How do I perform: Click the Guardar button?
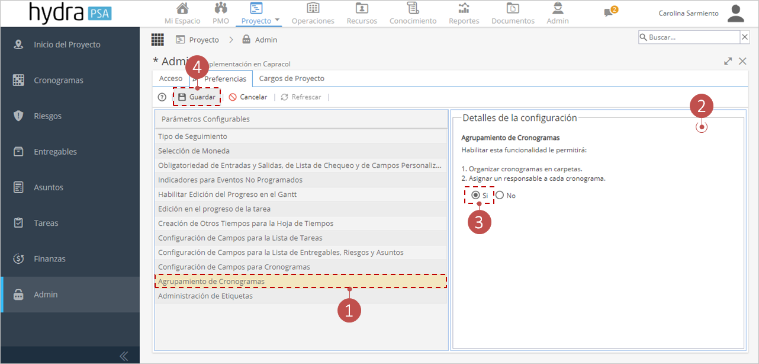coord(197,97)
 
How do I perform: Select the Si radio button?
coord(475,195)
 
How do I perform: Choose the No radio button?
coord(500,195)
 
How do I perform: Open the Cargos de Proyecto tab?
coord(291,78)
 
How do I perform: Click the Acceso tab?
coord(171,78)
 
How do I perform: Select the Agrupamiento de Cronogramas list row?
coord(301,281)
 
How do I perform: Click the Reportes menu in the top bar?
coord(464,14)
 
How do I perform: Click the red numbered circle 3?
coord(479,222)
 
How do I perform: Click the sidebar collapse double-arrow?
coord(124,356)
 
